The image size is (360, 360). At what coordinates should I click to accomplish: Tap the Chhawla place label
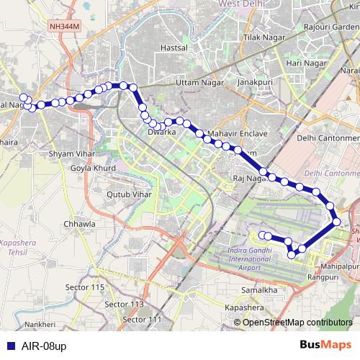coord(79,224)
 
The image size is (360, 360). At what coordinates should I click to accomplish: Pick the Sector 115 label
coord(88,287)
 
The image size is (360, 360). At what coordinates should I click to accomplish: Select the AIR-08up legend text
coord(40,346)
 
